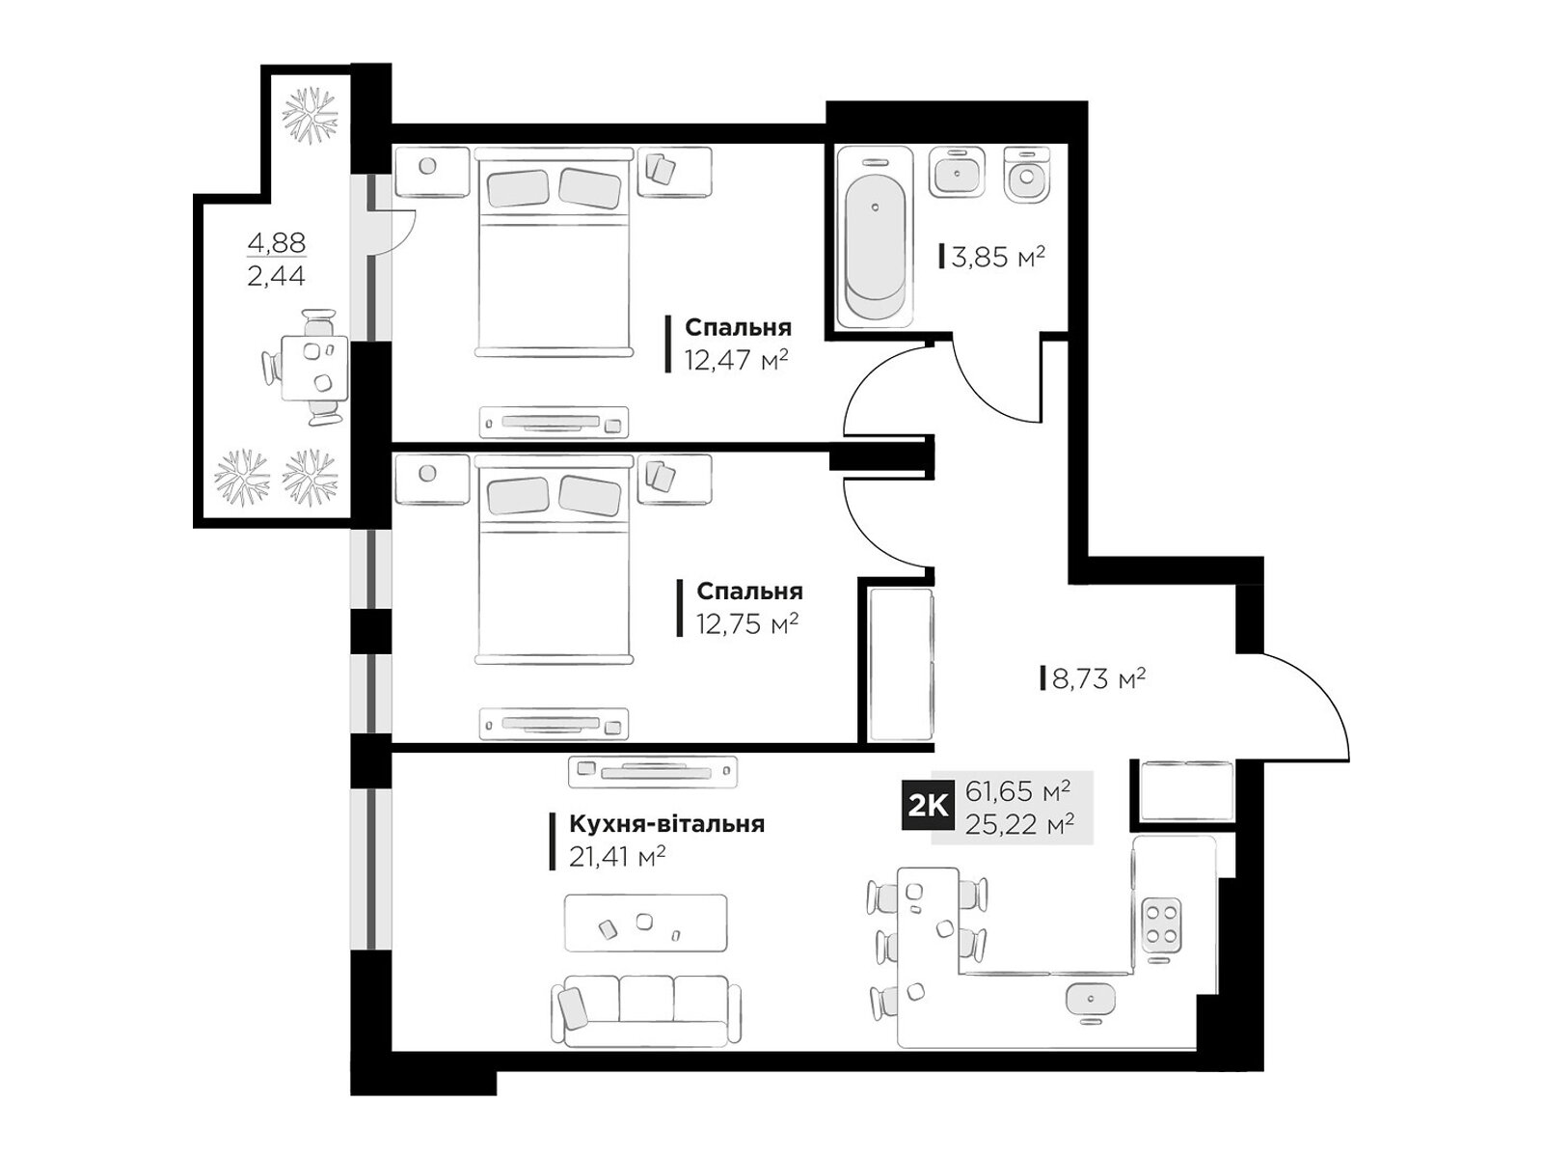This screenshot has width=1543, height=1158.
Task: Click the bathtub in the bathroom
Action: click(876, 237)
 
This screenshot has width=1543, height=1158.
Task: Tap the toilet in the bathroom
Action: click(1026, 175)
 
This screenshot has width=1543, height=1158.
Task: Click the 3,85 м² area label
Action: click(997, 257)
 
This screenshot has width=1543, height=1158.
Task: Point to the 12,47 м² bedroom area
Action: click(736, 361)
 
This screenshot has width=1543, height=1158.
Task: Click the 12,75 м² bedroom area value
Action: click(747, 623)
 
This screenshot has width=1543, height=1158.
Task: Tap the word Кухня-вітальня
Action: click(666, 823)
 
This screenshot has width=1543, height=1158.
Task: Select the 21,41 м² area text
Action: click(616, 856)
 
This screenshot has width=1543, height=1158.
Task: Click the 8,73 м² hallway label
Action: click(1098, 678)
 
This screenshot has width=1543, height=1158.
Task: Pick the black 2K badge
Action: click(928, 807)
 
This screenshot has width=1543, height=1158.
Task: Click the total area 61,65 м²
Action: click(1017, 791)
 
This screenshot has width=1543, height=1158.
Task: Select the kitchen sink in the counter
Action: click(1091, 1002)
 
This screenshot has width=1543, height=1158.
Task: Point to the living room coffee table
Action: click(646, 924)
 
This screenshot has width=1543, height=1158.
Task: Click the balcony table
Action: click(314, 368)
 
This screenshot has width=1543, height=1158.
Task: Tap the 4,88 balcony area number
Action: click(276, 242)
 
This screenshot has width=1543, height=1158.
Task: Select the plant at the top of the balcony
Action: click(310, 115)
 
